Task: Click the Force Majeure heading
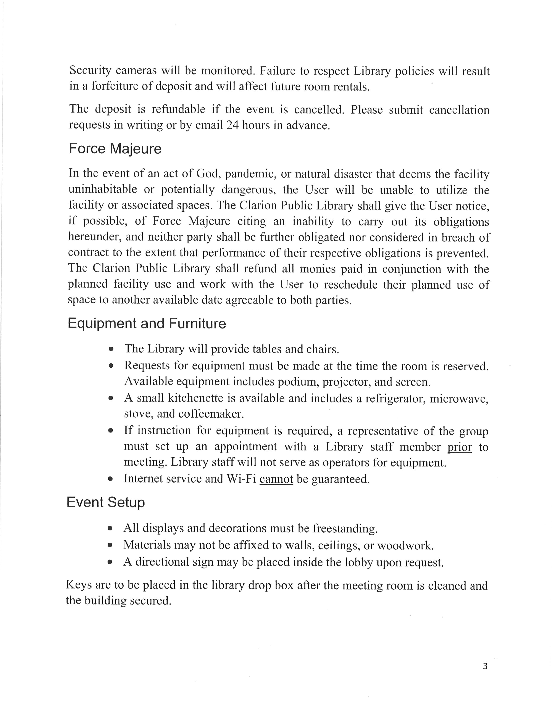115,149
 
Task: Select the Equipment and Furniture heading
147,324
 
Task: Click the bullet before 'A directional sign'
110,562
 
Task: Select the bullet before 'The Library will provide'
111,349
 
